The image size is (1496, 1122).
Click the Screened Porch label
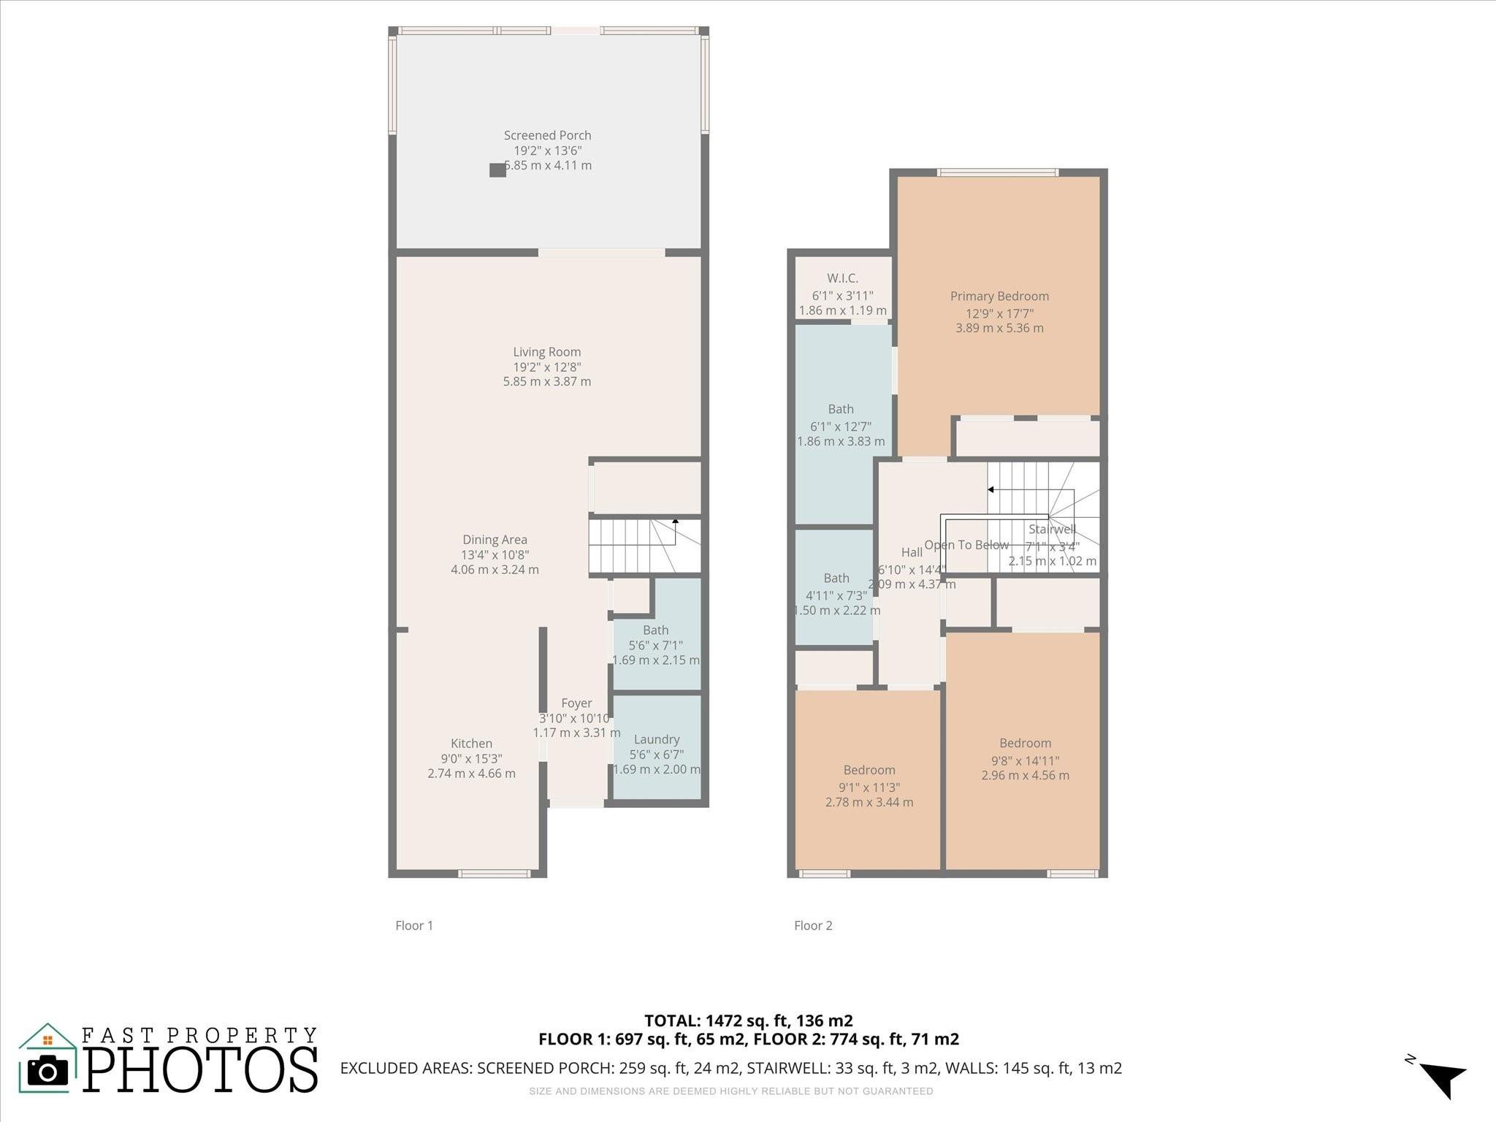[x=547, y=135]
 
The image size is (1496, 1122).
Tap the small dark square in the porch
[x=497, y=170]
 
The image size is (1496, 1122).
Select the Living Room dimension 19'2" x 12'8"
[x=547, y=367]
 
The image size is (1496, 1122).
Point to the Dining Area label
[x=495, y=540]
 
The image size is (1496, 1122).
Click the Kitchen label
[x=471, y=744]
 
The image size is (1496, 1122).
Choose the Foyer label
[x=576, y=703]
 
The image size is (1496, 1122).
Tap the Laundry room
[x=657, y=739]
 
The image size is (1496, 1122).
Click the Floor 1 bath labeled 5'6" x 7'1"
[x=656, y=630]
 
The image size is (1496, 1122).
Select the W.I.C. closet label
[x=842, y=278]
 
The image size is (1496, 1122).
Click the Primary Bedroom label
[x=999, y=296]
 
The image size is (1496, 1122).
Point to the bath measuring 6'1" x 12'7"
[x=841, y=409]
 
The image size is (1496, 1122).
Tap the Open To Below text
[x=966, y=545]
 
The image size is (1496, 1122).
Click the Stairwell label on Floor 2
[x=1052, y=530]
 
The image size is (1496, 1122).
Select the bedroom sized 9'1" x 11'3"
[x=869, y=770]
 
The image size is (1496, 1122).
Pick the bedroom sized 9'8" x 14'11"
[x=1025, y=744]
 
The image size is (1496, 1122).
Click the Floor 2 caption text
[x=813, y=926]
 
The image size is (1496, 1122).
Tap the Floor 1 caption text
[x=414, y=926]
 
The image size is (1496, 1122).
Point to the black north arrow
[x=1443, y=1078]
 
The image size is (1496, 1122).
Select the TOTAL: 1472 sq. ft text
[x=748, y=1020]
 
